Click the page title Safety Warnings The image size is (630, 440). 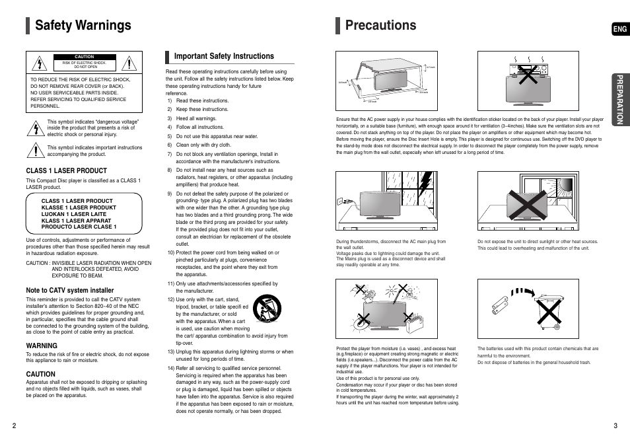pos(83,26)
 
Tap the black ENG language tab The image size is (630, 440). pos(619,30)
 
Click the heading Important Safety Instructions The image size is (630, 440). pos(223,56)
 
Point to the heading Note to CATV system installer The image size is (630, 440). pos(70,290)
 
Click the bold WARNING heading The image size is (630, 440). pos(42,346)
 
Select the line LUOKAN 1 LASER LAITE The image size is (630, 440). pos(73,214)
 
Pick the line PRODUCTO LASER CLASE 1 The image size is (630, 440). pos(79,227)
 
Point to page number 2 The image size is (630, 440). pos(13,425)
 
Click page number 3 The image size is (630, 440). pos(615,425)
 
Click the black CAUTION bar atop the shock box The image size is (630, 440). pos(85,57)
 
